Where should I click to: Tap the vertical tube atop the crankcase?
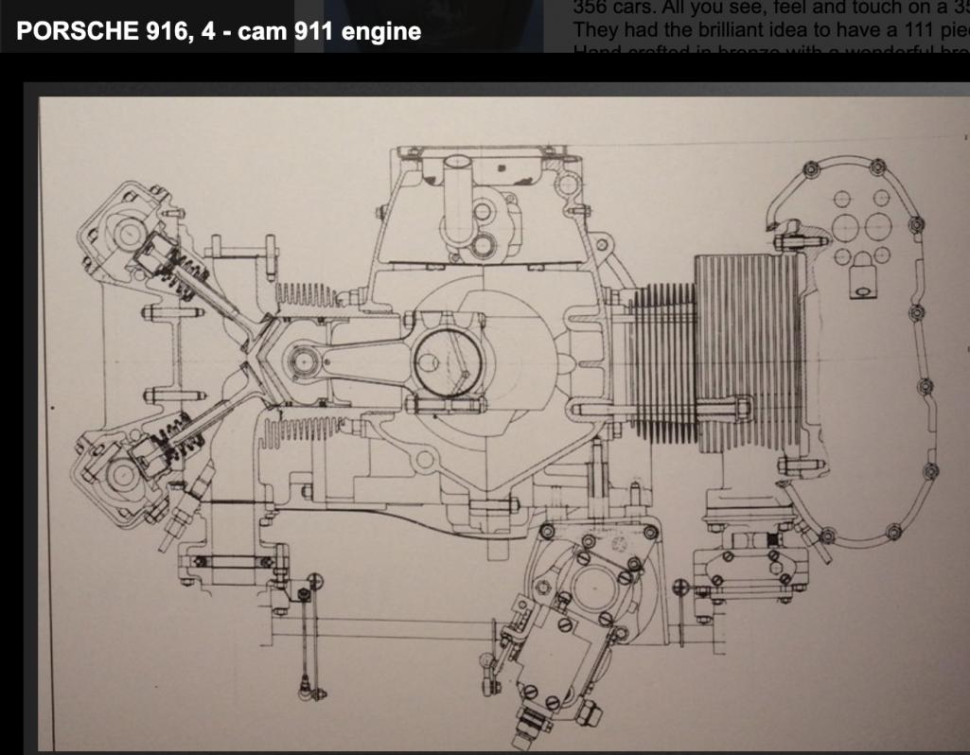pyautogui.click(x=457, y=176)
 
